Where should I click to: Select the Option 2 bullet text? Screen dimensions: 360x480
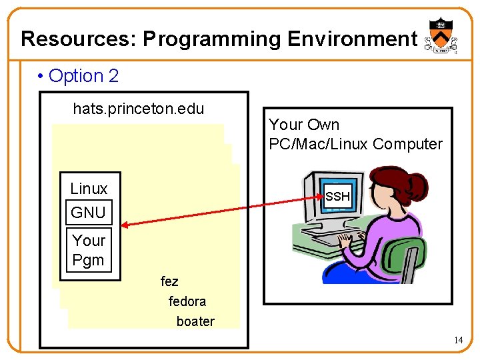click(x=83, y=76)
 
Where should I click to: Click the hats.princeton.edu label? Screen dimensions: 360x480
click(x=138, y=109)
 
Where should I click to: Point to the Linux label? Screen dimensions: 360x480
click(x=89, y=189)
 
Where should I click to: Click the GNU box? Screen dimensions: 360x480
click(x=88, y=213)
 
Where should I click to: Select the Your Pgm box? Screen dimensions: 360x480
click(x=88, y=250)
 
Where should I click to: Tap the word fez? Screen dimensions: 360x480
click(x=169, y=281)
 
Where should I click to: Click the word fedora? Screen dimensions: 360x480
click(x=187, y=301)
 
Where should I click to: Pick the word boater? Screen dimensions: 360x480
click(x=195, y=321)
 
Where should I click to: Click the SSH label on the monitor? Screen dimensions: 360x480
click(x=337, y=197)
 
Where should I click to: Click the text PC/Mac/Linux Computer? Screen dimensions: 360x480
click(x=355, y=144)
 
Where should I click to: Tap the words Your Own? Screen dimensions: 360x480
click(x=304, y=125)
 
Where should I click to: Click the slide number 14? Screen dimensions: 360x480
click(x=459, y=341)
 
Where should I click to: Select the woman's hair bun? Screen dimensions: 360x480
click(x=416, y=183)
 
